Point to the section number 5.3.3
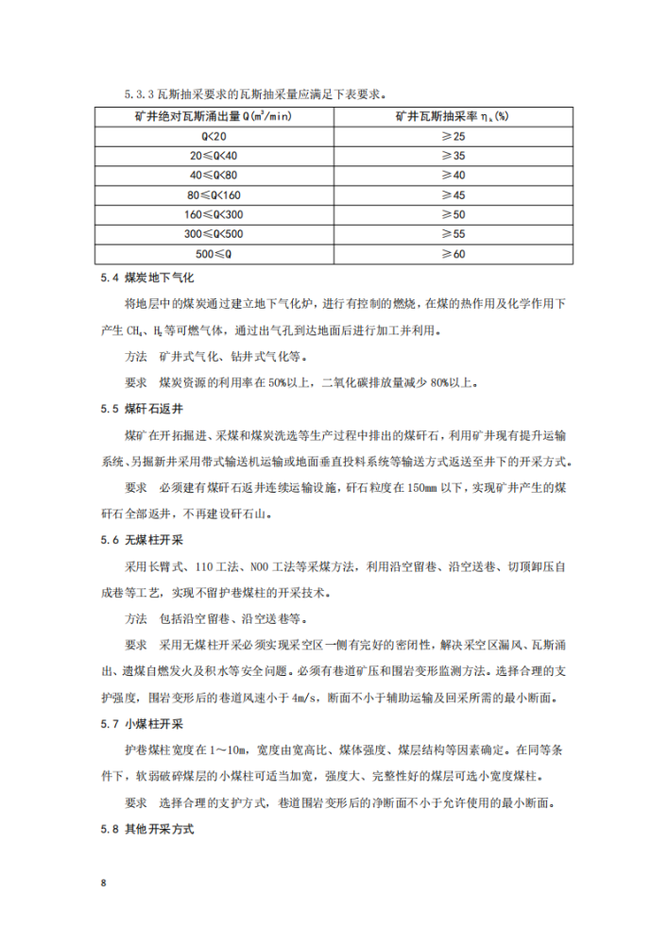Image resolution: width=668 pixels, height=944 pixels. tap(141, 94)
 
